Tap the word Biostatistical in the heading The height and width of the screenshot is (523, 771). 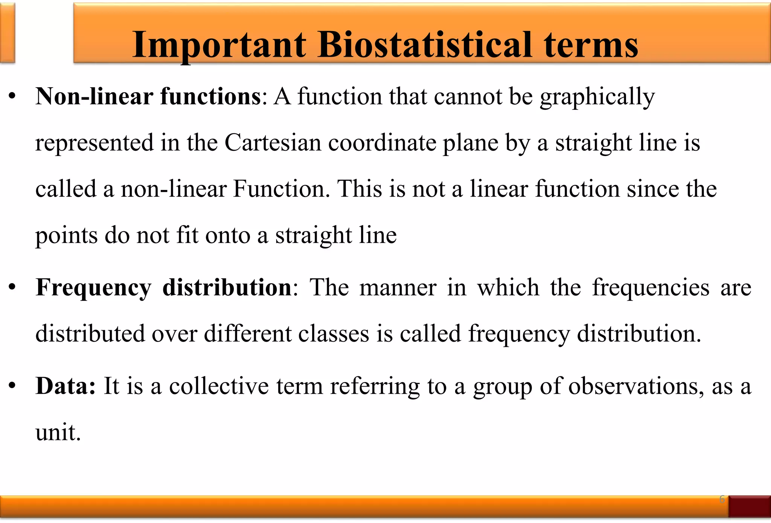tap(425, 45)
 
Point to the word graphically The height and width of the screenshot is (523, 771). tap(597, 97)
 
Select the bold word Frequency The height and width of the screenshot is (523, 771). tap(93, 288)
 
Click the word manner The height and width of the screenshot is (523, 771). tap(398, 288)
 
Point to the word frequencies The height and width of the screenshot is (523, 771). tap(651, 288)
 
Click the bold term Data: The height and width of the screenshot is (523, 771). tap(66, 386)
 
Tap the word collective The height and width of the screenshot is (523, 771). tap(219, 386)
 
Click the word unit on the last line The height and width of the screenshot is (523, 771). tap(58, 432)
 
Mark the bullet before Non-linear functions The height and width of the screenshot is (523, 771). tap(12, 97)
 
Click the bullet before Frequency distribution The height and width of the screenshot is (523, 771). tap(12, 288)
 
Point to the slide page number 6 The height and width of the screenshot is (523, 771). tap(722, 499)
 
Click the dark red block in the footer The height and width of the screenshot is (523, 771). tap(749, 506)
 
